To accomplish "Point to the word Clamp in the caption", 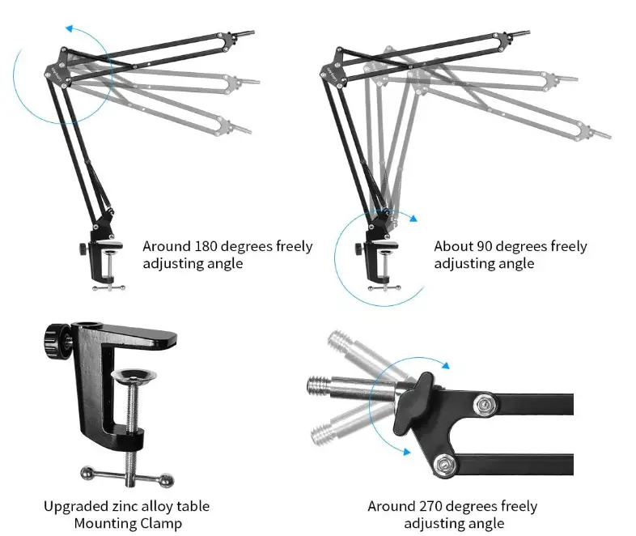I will pyautogui.click(x=161, y=524).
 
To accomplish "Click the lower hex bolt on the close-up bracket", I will pyautogui.click(x=443, y=464).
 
